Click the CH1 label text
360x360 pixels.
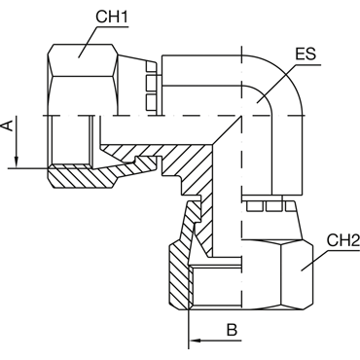tap(112, 18)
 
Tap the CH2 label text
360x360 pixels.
tap(343, 240)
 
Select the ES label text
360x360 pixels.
tap(306, 54)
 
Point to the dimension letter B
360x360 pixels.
tap(232, 330)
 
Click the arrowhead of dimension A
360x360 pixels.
tap(17, 162)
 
